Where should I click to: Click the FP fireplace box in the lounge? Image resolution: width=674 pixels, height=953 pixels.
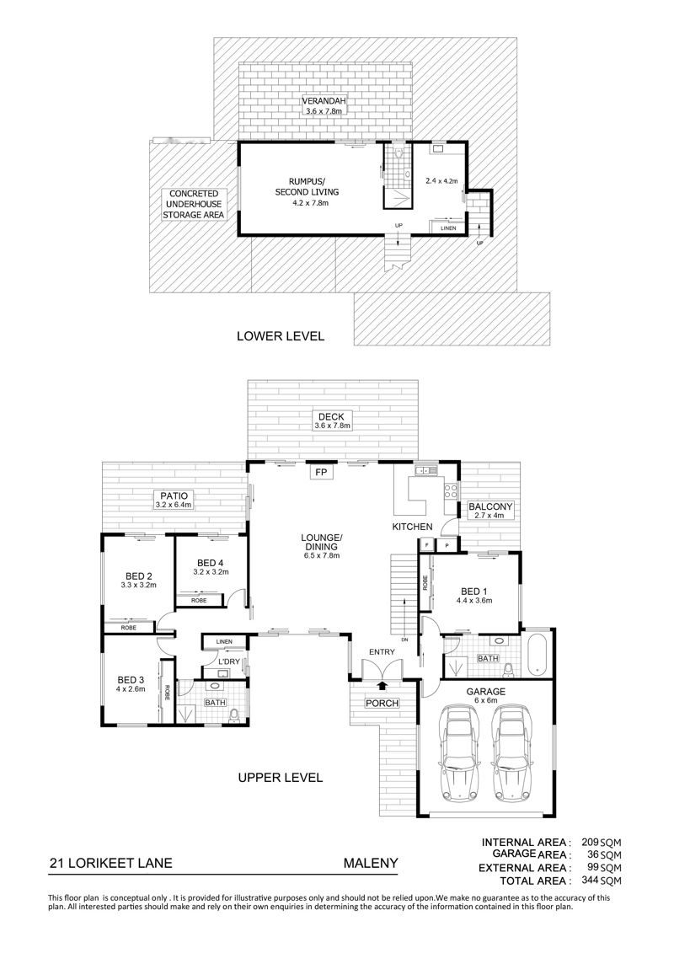click(x=321, y=472)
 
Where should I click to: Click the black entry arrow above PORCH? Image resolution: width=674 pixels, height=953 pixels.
click(x=382, y=686)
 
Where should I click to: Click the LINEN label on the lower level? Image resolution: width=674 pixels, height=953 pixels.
click(x=448, y=228)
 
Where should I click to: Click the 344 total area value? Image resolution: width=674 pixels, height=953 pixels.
click(x=590, y=880)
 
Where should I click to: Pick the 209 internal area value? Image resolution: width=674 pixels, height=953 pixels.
click(x=590, y=843)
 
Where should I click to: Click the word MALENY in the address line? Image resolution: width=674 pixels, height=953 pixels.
click(x=371, y=863)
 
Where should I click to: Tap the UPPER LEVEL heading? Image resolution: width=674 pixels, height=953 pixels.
click(x=281, y=778)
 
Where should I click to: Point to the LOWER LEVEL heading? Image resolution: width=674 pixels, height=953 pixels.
click(x=281, y=335)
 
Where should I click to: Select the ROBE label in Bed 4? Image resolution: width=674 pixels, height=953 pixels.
click(x=198, y=601)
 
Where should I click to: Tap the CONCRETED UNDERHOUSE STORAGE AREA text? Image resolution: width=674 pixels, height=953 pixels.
click(x=193, y=204)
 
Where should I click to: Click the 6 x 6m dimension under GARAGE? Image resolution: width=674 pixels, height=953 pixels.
click(x=486, y=700)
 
